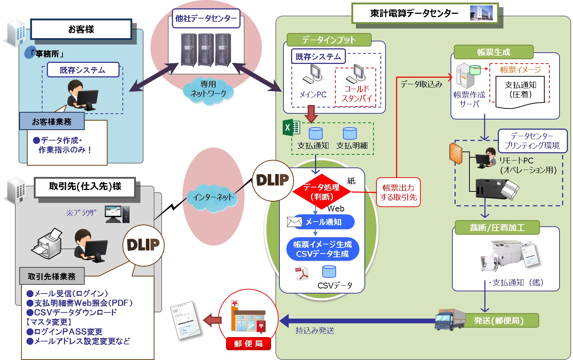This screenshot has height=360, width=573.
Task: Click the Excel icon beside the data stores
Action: tap(291, 127)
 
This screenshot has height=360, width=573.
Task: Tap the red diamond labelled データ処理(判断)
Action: tap(322, 192)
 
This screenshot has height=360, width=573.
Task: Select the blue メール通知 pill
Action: tap(324, 222)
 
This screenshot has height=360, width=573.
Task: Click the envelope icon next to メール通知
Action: tap(294, 222)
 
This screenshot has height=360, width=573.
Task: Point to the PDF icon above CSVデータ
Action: tap(302, 273)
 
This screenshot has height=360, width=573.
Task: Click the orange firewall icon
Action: tap(456, 153)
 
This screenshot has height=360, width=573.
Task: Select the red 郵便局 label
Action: tap(249, 344)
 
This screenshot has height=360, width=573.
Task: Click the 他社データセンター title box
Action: tap(206, 19)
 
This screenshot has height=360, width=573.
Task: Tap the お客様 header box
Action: tap(81, 29)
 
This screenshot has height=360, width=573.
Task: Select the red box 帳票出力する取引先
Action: tap(398, 192)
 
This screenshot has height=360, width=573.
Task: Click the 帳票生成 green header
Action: tap(493, 52)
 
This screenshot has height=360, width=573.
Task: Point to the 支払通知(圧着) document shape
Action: tap(520, 92)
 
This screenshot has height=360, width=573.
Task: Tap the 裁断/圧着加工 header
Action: tap(497, 227)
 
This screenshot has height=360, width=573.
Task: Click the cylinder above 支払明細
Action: tap(350, 133)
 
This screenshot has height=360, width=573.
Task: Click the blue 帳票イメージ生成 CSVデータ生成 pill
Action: tap(323, 249)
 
